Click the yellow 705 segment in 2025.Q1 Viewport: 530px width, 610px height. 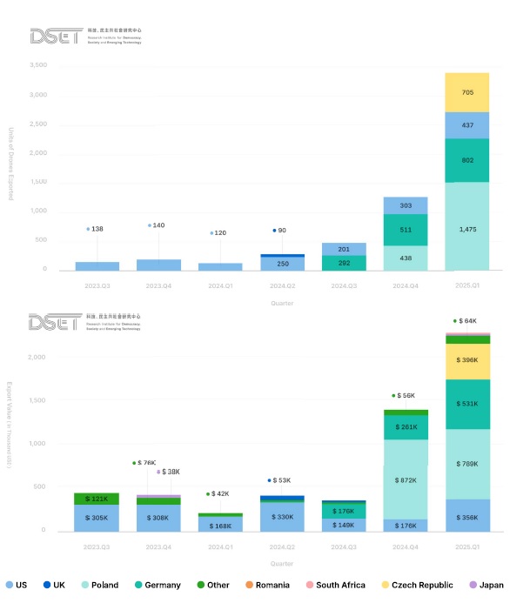467,92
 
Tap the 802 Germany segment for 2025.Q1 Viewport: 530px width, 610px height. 467,160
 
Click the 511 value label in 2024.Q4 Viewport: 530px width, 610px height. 405,230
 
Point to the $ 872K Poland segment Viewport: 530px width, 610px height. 405,480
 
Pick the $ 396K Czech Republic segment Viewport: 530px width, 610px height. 467,359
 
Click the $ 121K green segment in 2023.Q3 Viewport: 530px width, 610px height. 97,499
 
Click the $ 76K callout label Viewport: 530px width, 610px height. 145,463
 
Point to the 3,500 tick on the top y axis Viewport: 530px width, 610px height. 37,65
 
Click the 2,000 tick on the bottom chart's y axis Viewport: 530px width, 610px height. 37,358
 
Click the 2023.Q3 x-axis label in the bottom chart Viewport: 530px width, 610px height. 97,546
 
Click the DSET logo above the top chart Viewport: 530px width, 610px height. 57,36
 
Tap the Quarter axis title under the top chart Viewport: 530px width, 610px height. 281,303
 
